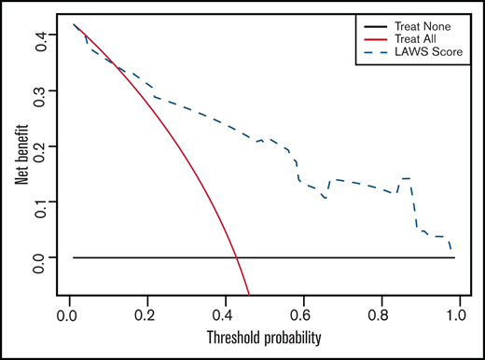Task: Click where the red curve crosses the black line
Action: point(235,257)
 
